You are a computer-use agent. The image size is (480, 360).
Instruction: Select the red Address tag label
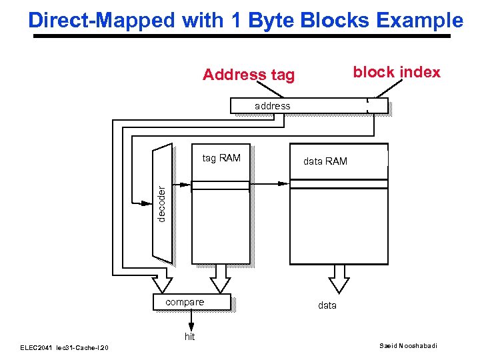pos(248,75)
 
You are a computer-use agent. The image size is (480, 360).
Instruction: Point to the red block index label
pos(396,72)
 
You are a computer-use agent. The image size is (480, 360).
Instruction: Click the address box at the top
pos(308,105)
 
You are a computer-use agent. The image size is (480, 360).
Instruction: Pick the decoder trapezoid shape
pos(163,203)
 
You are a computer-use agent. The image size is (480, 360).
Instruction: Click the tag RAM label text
pos(221,158)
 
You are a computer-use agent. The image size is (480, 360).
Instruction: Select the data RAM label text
pos(325,161)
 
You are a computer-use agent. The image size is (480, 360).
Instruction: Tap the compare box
pos(191,303)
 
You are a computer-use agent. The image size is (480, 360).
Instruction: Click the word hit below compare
pos(190,337)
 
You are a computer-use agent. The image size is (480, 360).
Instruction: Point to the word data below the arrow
pos(327,305)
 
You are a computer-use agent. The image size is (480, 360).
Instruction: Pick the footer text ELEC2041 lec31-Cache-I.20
pos(64,347)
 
